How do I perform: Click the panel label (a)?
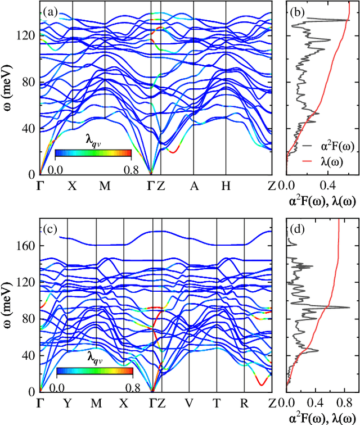(50, 12)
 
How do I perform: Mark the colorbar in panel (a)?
(93, 153)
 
